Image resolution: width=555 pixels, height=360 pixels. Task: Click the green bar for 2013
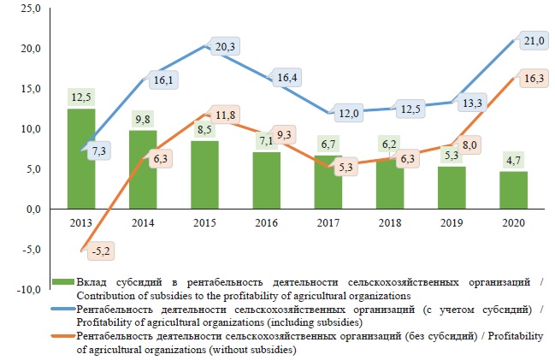click(x=80, y=159)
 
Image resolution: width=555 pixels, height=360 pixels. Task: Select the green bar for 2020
click(x=513, y=190)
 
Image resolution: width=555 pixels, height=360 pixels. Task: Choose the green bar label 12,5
click(x=80, y=96)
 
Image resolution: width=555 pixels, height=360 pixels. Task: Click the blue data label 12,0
click(x=347, y=112)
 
